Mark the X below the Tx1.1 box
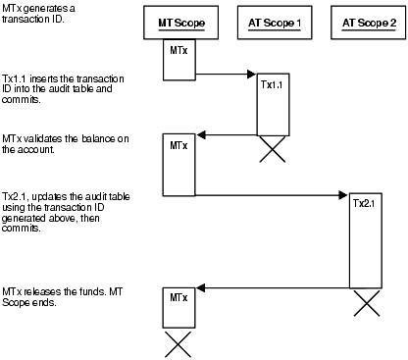[272, 148]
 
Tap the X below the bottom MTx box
[178, 343]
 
